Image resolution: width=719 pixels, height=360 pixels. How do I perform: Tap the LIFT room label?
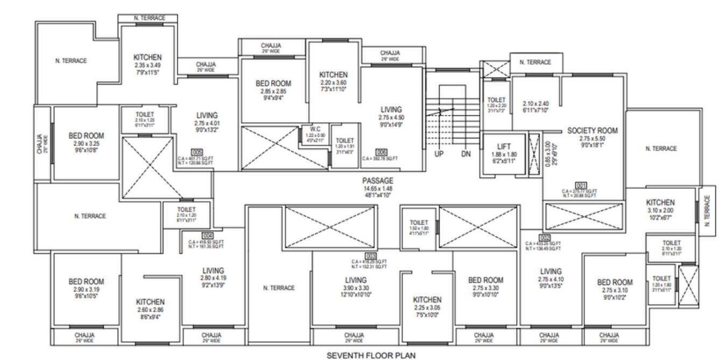click(x=504, y=146)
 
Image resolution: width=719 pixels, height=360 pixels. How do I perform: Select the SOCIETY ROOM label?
click(x=593, y=131)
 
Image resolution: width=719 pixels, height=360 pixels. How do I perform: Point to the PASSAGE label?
click(x=378, y=181)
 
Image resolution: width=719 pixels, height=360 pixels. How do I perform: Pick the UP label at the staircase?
click(x=440, y=154)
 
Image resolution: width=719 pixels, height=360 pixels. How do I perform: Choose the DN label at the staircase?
click(x=466, y=154)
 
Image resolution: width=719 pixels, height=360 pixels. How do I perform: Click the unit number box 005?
click(x=197, y=152)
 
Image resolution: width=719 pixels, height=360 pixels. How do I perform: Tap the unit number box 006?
click(x=381, y=152)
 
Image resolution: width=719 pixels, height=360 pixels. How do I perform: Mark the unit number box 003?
click(x=371, y=256)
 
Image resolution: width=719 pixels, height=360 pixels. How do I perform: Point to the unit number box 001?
click(x=581, y=185)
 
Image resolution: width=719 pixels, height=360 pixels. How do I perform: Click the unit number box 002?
click(x=545, y=238)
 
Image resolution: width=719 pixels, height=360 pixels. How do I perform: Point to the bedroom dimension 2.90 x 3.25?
click(x=86, y=144)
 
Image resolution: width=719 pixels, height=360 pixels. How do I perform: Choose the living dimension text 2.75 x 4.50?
click(x=391, y=117)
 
